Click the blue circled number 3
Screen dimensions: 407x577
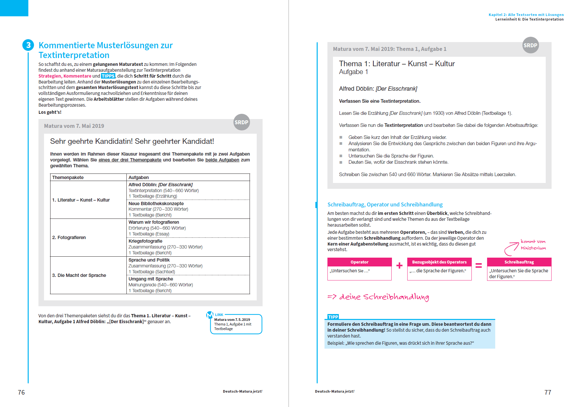tap(28, 45)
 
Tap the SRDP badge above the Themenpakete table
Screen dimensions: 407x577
tap(241, 122)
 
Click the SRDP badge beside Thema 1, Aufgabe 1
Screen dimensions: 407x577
tap(530, 45)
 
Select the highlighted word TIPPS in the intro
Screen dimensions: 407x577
tap(108, 76)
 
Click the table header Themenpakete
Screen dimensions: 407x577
tap(68, 177)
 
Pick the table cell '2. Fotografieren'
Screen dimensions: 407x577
tap(69, 237)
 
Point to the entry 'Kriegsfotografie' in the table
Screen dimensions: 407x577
tap(145, 241)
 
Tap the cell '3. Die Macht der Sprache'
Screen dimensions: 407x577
tap(79, 275)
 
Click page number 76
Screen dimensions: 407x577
tap(22, 392)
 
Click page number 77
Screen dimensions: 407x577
tap(548, 392)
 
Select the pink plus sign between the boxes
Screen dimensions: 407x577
tap(399, 265)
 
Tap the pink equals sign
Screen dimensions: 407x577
tap(479, 265)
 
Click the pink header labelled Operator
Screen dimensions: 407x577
tap(359, 262)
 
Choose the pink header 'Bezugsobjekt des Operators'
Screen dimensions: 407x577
tap(439, 262)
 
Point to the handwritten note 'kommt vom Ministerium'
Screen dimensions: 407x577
tap(533, 245)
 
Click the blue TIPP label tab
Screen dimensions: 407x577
tap(333, 317)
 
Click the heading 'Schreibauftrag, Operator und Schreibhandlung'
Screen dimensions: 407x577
tap(385, 204)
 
